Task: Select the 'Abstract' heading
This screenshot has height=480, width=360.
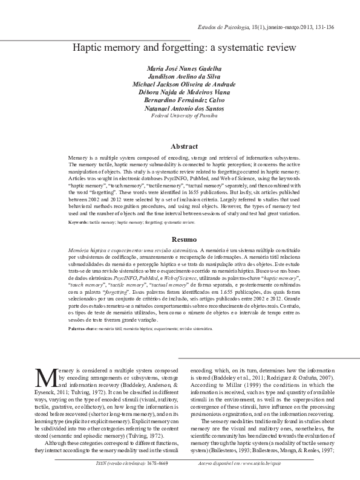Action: (184, 146)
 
